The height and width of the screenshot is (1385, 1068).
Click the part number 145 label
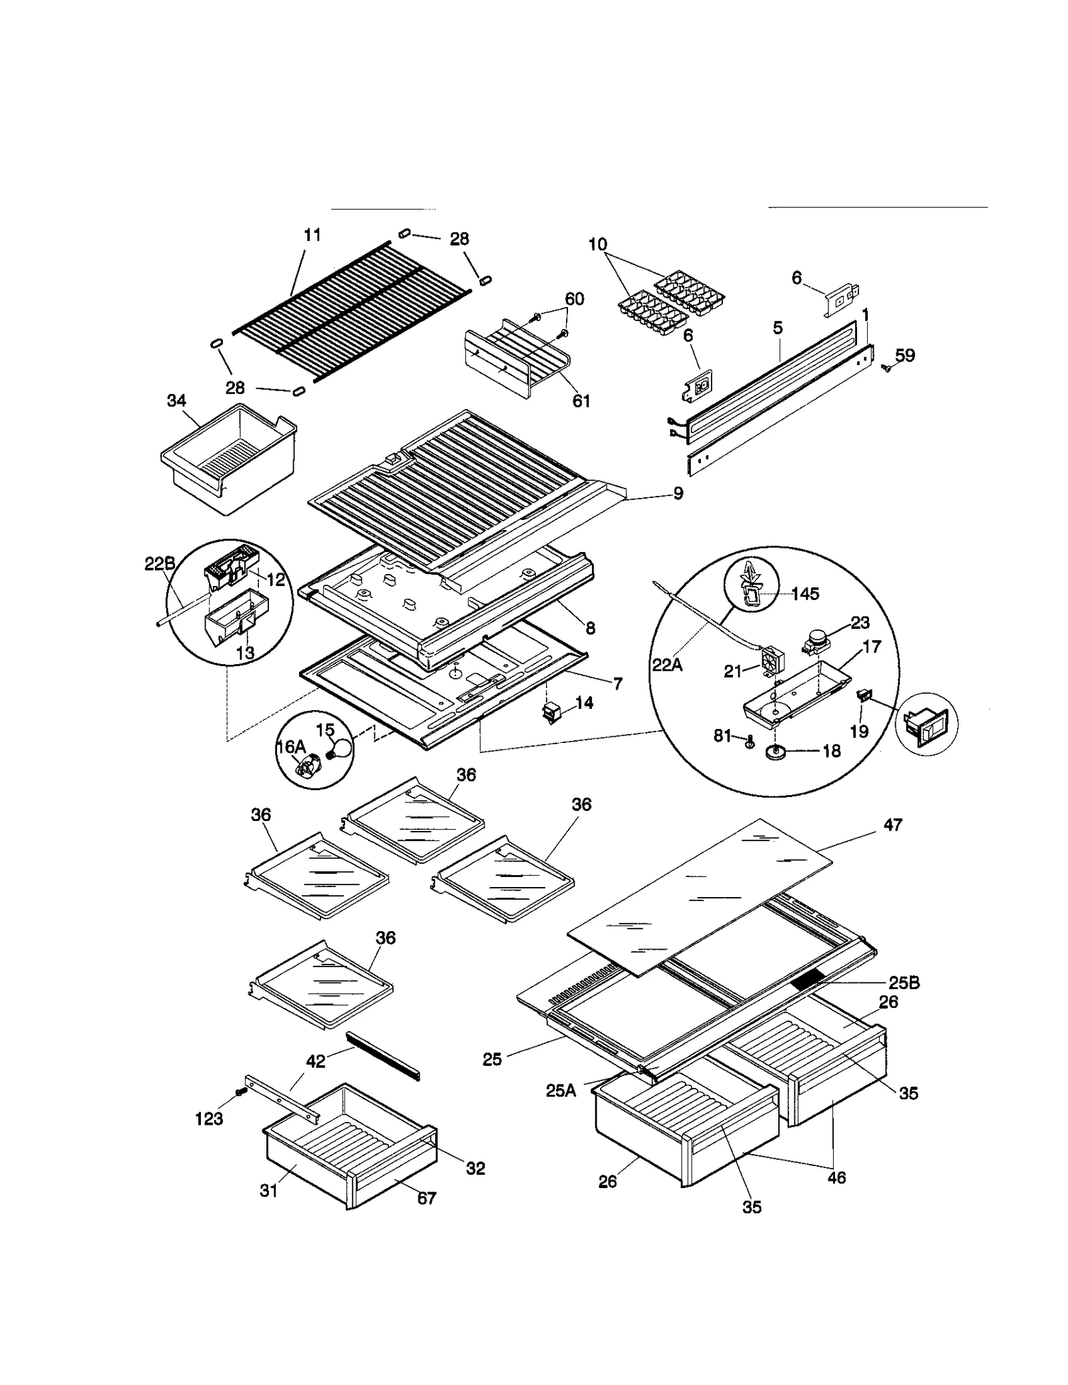[805, 594]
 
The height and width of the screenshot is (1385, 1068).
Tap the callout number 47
[893, 826]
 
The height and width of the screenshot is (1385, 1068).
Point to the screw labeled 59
[887, 366]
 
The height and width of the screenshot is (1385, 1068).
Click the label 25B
[904, 983]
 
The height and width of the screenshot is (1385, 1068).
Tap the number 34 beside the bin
[176, 401]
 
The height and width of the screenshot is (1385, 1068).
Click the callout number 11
[312, 235]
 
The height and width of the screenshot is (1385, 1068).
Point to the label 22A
[667, 665]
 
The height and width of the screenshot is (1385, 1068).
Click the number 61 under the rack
[581, 401]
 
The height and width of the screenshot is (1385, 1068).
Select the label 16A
[290, 747]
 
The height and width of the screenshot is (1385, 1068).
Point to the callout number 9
[678, 494]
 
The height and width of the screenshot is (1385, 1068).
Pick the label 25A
[561, 1091]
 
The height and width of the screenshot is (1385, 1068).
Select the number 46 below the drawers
[836, 1177]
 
